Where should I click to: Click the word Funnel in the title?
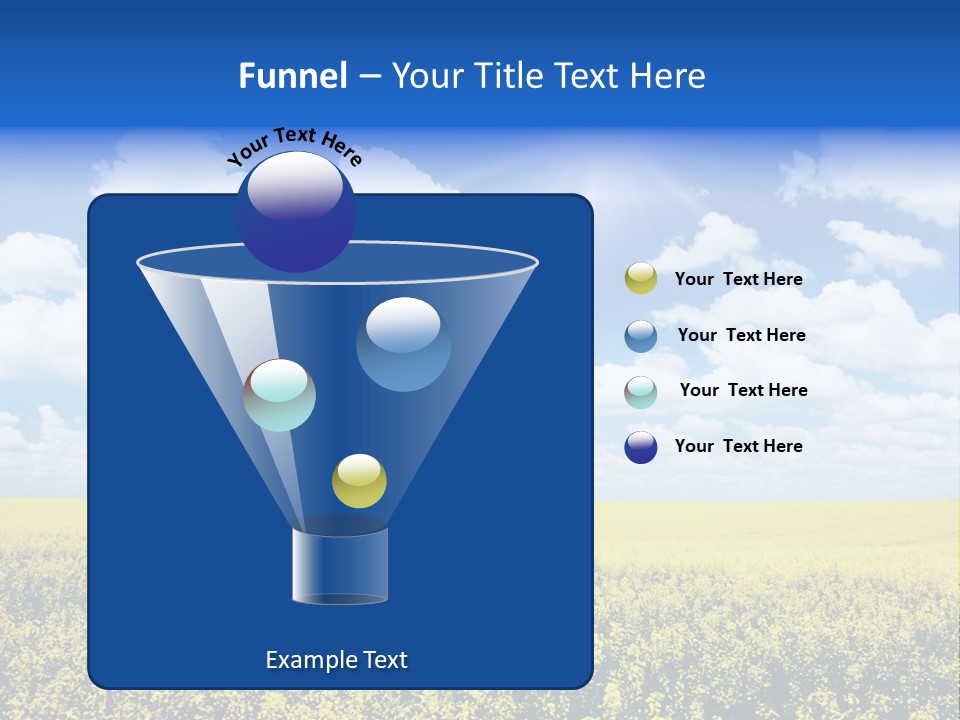tap(292, 76)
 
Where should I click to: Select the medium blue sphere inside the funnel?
tap(403, 345)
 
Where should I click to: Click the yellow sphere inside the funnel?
tap(359, 481)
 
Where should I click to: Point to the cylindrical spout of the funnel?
tap(339, 566)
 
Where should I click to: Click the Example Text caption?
tap(336, 660)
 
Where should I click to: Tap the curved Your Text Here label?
tap(294, 146)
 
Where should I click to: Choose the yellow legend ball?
tap(641, 278)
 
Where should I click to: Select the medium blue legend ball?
tap(641, 336)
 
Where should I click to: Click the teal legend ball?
tap(641, 392)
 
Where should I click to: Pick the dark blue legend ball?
tap(641, 447)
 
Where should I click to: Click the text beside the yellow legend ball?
tap(738, 280)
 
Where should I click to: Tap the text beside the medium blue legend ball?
tap(741, 336)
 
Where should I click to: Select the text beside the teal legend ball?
tap(743, 391)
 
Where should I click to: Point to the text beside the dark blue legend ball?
tap(738, 447)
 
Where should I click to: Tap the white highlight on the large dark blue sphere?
tap(295, 187)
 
